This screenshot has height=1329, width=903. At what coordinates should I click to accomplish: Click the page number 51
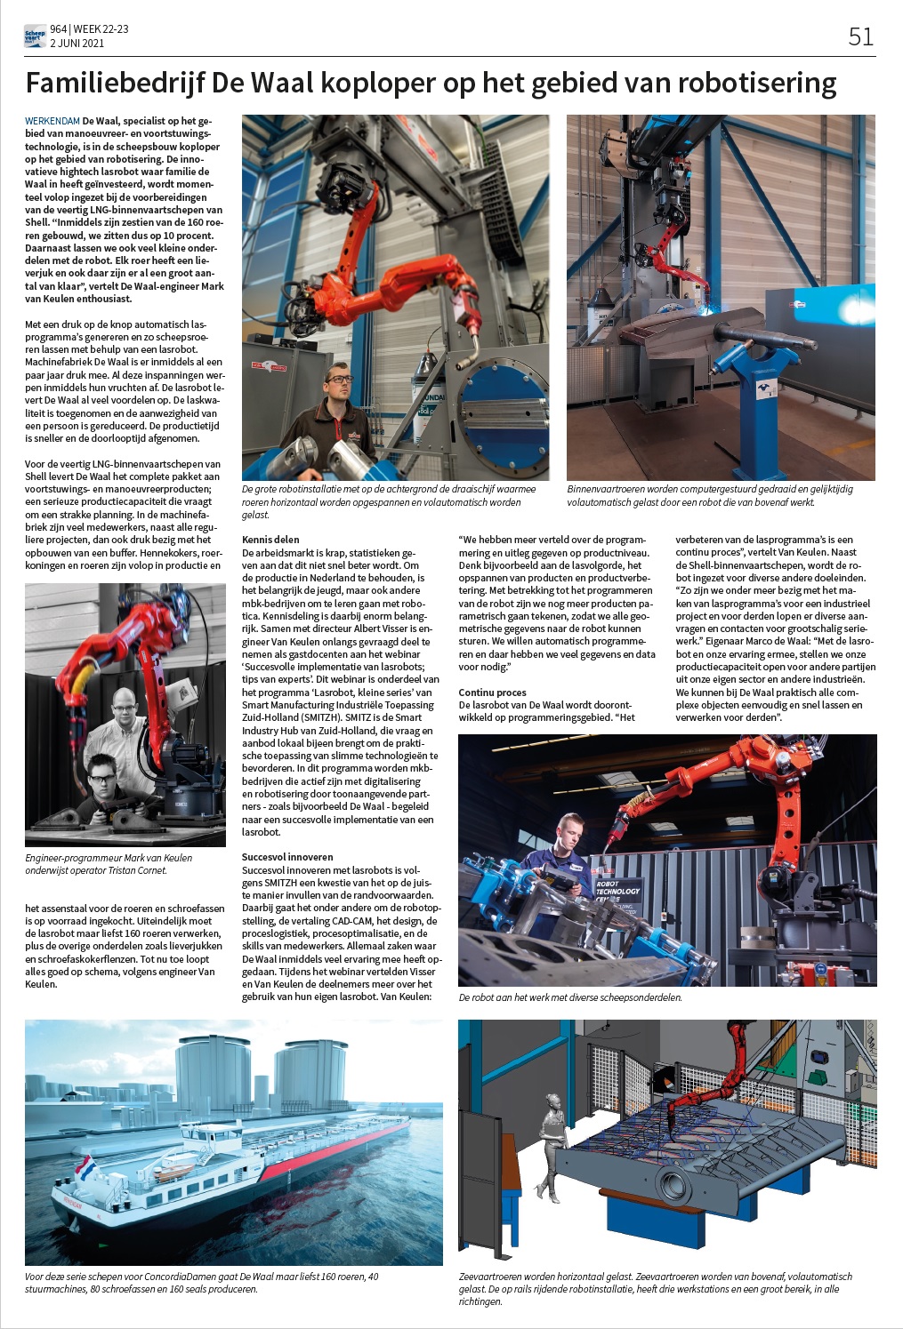pos(860,36)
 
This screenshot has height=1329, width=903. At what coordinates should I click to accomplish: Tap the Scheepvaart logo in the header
pos(35,36)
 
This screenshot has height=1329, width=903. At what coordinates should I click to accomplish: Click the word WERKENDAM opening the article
pos(52,121)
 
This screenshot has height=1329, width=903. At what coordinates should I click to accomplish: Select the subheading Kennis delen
pos(270,540)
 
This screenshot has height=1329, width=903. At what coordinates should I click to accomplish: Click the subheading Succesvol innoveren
pos(287,857)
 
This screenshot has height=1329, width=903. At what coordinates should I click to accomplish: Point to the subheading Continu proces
pos(492,693)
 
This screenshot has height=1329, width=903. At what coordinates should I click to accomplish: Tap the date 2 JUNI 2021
pos(77,43)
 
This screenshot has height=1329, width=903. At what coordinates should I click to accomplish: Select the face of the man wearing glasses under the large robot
pos(338,383)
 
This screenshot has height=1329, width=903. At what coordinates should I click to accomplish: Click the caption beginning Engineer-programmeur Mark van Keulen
pos(109,864)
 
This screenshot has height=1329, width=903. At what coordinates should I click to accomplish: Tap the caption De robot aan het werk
pos(569,997)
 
